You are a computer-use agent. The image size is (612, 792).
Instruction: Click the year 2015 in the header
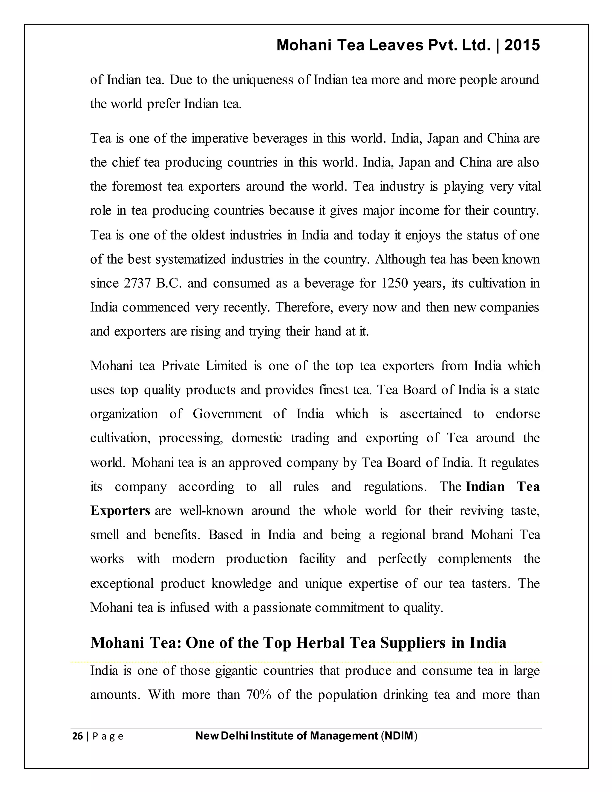pos(522,45)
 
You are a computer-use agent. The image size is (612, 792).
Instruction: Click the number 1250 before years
pos(394,283)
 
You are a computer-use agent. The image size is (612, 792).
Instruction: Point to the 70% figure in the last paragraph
pos(258,695)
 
